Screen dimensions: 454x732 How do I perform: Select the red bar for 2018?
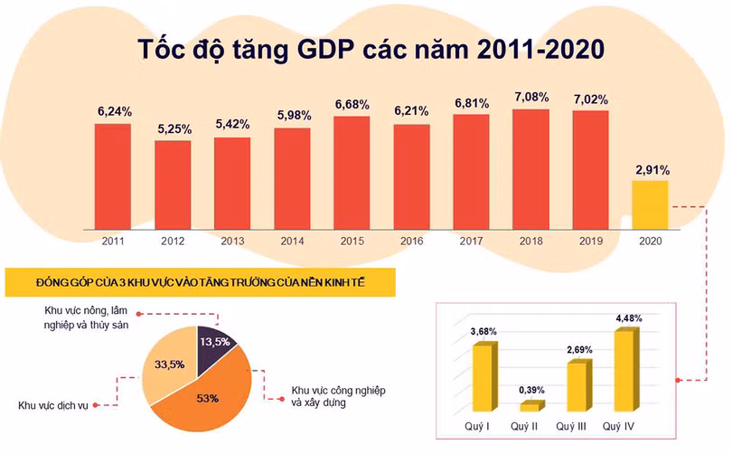(530, 168)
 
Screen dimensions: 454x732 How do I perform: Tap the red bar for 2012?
(173, 184)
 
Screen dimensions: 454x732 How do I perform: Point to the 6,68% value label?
(352, 105)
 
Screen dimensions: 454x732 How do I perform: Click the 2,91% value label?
(651, 169)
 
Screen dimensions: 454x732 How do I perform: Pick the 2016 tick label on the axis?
(411, 241)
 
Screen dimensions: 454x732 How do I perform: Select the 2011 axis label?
(113, 241)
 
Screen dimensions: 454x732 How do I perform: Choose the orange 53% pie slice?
(209, 395)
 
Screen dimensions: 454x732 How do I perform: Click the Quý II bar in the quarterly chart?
(529, 406)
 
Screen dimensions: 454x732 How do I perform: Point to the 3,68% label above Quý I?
(483, 332)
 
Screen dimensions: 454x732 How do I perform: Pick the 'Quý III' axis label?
(574, 426)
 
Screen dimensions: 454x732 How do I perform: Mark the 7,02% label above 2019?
(590, 99)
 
